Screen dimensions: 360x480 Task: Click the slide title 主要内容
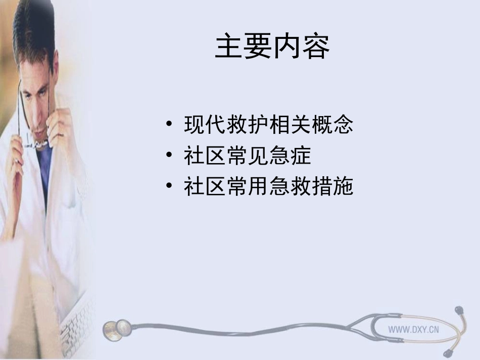click(272, 47)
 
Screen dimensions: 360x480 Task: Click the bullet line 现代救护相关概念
click(268, 125)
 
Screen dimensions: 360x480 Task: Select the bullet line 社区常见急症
click(247, 157)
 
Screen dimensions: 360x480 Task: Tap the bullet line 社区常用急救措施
click(268, 187)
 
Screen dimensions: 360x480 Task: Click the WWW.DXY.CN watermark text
click(413, 329)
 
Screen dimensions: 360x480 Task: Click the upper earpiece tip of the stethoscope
click(459, 309)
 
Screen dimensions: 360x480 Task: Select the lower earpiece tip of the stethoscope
click(448, 351)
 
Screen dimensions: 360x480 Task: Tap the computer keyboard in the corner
click(76, 323)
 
